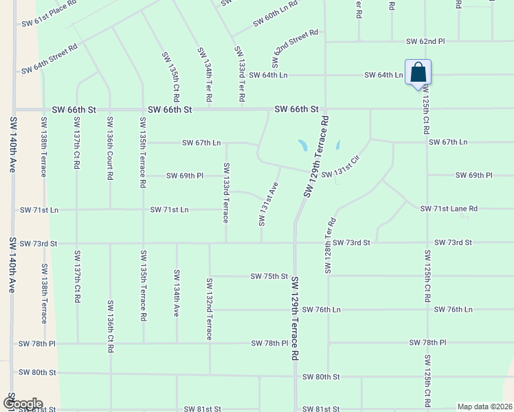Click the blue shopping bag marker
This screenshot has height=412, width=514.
click(x=418, y=72)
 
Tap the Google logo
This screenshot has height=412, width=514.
click(x=22, y=404)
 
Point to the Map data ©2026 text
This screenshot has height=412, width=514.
click(x=484, y=407)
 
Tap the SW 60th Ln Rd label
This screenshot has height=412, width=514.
click(x=275, y=13)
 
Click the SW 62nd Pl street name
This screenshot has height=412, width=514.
click(x=425, y=41)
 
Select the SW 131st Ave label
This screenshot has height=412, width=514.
click(x=269, y=204)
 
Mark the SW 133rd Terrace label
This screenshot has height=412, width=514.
click(x=225, y=192)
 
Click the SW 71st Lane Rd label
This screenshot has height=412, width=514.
click(x=449, y=208)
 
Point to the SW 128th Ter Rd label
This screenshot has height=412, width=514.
click(x=331, y=245)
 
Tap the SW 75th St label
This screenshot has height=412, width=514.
click(x=269, y=276)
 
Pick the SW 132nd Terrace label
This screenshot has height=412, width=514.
click(x=209, y=309)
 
